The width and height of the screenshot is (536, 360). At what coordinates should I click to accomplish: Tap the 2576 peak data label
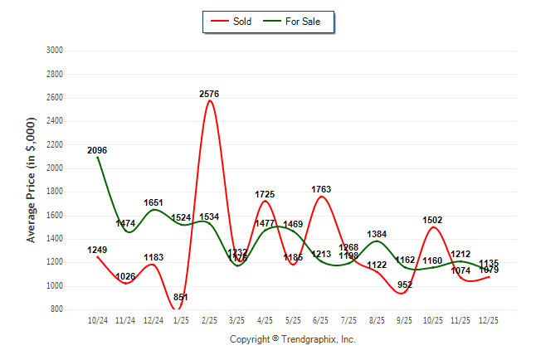[x=209, y=94]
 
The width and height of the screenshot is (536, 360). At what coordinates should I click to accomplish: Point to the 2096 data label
[x=97, y=150]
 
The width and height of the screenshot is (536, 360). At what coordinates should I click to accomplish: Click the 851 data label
[x=181, y=298]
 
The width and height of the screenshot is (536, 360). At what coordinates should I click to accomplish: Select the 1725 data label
[x=265, y=194]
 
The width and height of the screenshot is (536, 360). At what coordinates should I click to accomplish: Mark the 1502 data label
[x=432, y=220]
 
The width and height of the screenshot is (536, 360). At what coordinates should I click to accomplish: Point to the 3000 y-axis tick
[x=55, y=50]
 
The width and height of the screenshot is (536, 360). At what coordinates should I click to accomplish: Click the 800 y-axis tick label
[x=57, y=309]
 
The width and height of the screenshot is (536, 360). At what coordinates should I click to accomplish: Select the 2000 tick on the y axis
[x=55, y=168]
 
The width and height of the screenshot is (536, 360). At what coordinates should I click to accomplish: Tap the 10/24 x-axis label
[x=97, y=320]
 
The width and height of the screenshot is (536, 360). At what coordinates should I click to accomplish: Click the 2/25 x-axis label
[x=209, y=320]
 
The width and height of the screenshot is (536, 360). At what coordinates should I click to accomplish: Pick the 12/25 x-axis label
[x=488, y=320]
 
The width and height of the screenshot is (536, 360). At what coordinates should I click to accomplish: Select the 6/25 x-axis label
[x=320, y=320]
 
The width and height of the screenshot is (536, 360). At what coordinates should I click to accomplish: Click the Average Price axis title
[x=32, y=180]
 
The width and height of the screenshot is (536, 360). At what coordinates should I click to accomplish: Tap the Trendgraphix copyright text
[x=292, y=339]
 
